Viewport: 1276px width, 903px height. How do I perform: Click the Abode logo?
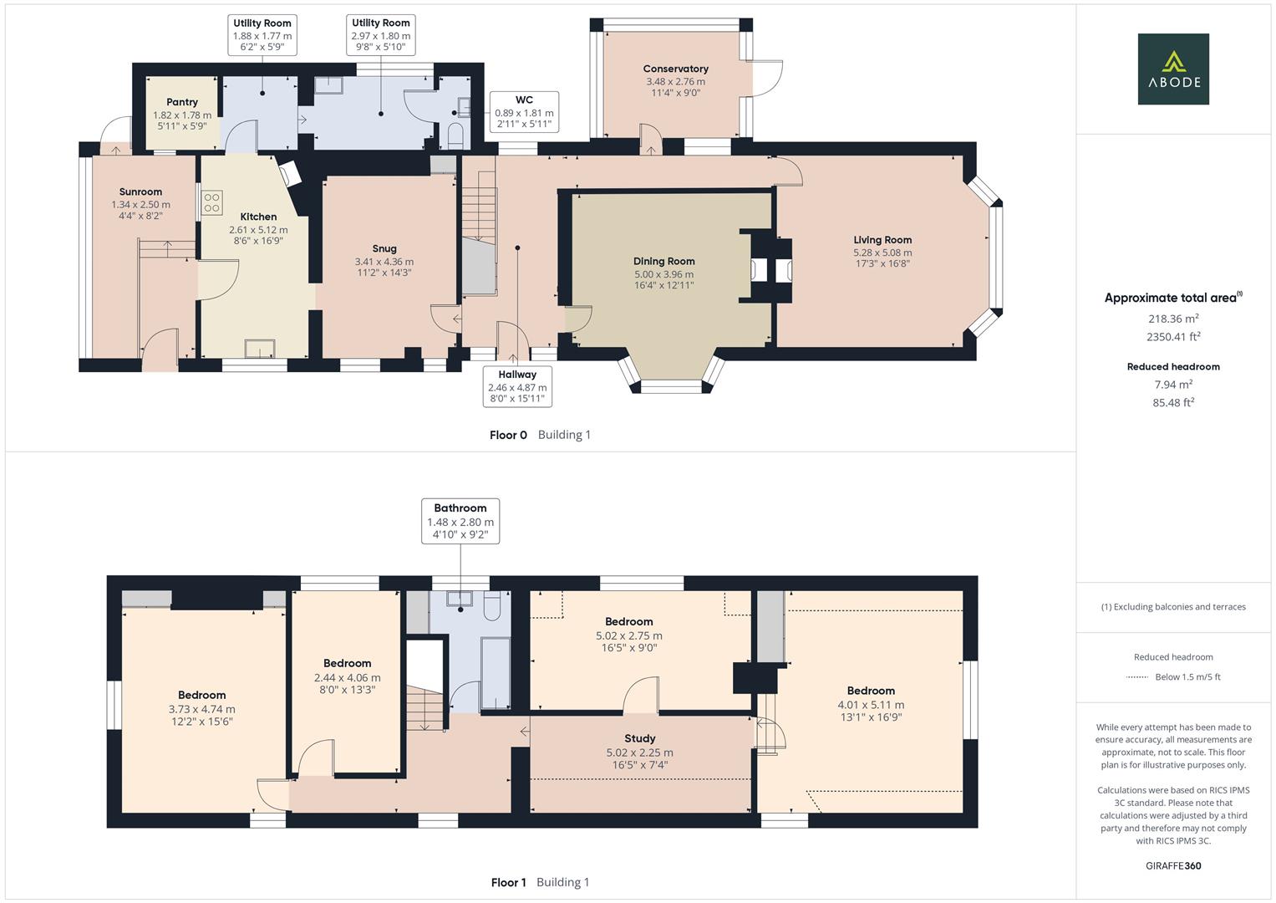[1172, 69]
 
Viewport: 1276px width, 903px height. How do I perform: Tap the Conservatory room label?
[675, 69]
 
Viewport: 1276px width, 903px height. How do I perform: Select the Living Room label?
[882, 240]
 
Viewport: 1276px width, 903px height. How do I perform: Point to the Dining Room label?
[663, 262]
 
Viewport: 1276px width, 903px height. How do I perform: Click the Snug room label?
[384, 249]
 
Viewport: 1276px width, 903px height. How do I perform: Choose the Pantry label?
[181, 102]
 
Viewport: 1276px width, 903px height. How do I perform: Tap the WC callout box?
[524, 112]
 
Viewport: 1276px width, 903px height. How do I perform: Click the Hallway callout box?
[517, 386]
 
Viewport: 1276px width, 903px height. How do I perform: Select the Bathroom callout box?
[460, 522]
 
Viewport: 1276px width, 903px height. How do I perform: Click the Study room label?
[639, 739]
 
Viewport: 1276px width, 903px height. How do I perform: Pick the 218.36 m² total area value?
[1172, 319]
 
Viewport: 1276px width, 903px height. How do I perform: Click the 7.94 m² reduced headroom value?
[1172, 385]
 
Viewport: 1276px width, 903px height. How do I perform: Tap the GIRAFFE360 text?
[1172, 865]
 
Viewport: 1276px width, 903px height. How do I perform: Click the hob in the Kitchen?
[211, 202]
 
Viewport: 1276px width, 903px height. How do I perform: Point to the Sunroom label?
[140, 192]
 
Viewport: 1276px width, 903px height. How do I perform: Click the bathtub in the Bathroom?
[495, 673]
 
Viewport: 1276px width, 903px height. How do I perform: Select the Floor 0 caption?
[508, 435]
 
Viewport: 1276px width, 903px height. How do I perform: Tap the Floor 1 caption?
[508, 882]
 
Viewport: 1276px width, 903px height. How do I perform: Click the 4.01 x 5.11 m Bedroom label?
[871, 691]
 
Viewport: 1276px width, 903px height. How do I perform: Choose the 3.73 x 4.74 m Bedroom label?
[201, 696]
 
